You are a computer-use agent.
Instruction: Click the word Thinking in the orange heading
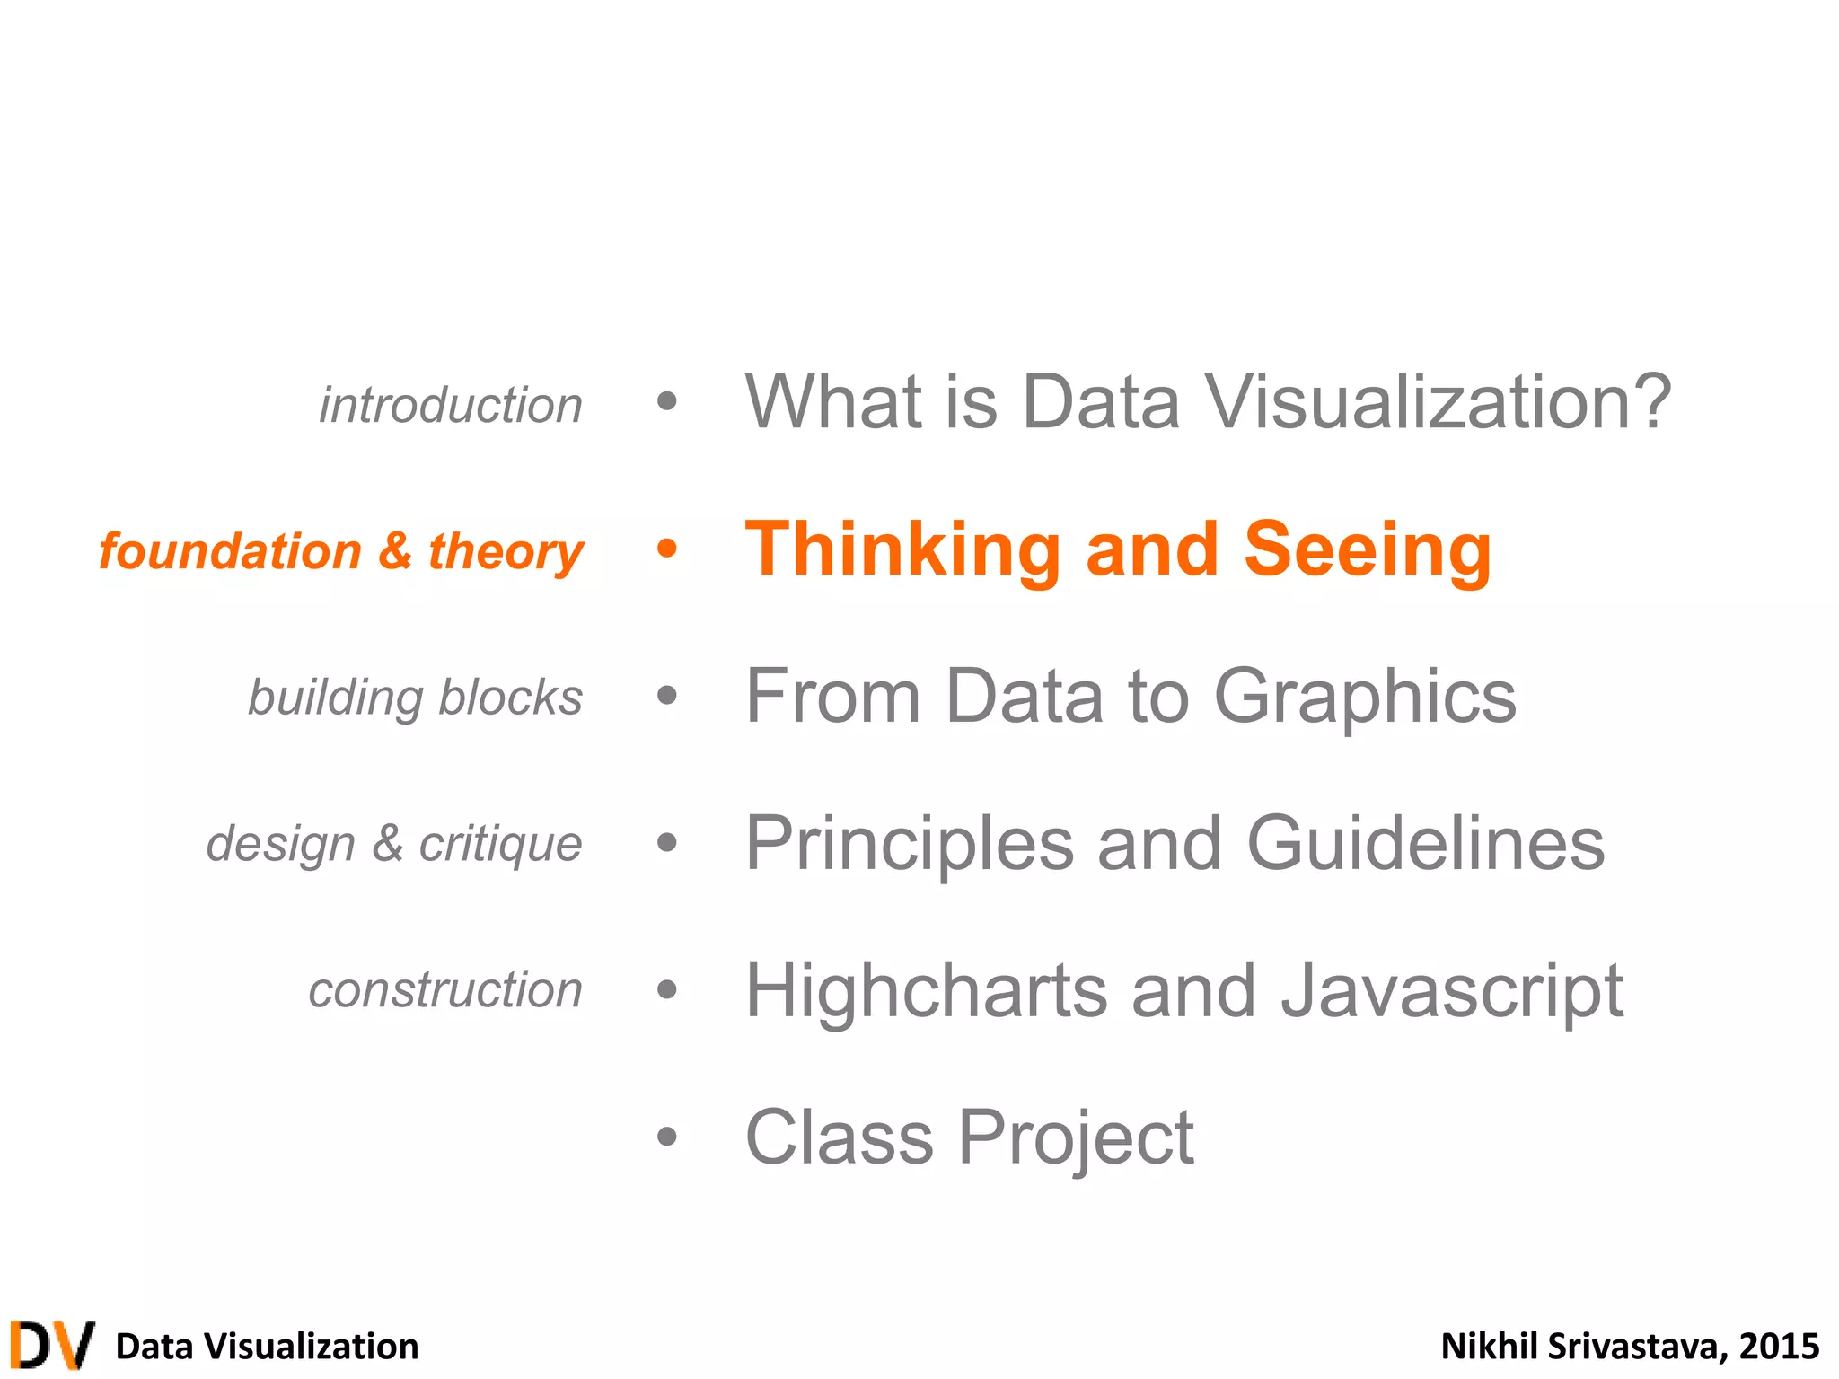[x=903, y=550]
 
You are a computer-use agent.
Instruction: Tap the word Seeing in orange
[x=1367, y=550]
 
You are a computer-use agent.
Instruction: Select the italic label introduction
[x=451, y=405]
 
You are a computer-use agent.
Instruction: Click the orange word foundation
[x=230, y=551]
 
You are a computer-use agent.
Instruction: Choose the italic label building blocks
[x=415, y=698]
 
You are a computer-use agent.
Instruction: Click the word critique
[x=500, y=845]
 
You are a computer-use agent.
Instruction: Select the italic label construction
[x=445, y=990]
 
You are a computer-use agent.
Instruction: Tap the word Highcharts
[x=927, y=990]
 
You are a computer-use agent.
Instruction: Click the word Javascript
[x=1452, y=992]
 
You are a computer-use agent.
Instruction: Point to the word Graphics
[x=1365, y=698]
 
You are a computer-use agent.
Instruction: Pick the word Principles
[x=910, y=845]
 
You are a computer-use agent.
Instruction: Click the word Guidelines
[x=1425, y=843]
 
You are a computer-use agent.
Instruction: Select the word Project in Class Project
[x=1076, y=1138]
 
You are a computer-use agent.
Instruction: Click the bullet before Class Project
[x=666, y=1137]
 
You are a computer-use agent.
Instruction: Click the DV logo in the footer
[x=52, y=1345]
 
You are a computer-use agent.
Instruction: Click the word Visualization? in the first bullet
[x=1437, y=401]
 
